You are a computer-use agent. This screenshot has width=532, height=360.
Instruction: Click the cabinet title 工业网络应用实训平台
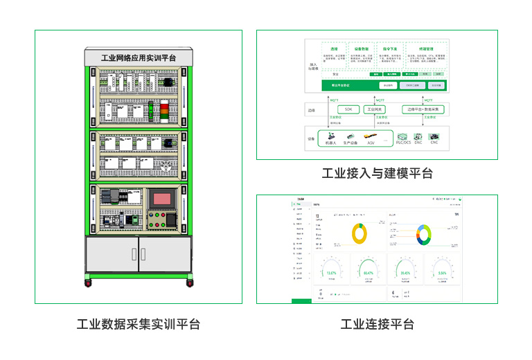(139, 58)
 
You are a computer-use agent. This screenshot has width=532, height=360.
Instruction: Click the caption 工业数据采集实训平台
(139, 324)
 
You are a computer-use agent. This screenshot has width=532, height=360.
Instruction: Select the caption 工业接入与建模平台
(378, 173)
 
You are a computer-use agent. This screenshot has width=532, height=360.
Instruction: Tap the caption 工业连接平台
(378, 324)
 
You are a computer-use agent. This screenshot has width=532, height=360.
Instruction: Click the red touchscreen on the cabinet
(163, 198)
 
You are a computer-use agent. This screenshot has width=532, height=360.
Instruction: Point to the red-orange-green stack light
(164, 109)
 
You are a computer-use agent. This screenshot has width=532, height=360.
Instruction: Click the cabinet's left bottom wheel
(88, 282)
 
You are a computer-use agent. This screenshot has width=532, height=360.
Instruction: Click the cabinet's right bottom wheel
(189, 282)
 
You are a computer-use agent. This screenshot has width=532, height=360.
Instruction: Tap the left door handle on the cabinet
(134, 253)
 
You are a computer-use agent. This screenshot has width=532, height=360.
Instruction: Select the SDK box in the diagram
(348, 109)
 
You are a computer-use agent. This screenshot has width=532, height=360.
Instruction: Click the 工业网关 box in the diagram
(375, 109)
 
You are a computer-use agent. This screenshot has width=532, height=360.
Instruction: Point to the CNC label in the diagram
(434, 143)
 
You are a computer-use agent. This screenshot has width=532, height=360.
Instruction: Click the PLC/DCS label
(403, 143)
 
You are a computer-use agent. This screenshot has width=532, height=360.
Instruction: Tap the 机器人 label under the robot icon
(330, 143)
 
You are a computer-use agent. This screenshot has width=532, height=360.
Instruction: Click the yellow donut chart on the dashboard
(359, 233)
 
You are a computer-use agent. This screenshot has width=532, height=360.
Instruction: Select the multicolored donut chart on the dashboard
(423, 234)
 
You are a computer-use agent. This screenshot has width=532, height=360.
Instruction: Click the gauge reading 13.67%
(331, 273)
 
